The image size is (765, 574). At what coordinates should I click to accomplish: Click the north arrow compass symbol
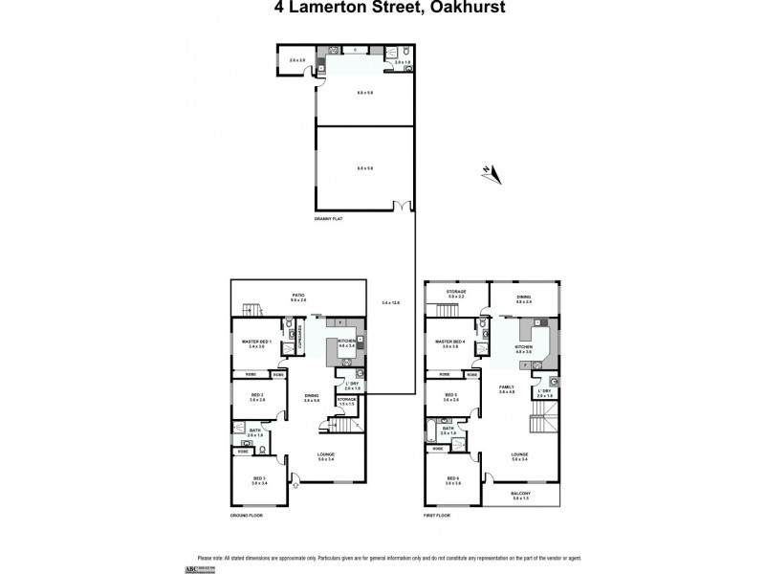click(x=492, y=172)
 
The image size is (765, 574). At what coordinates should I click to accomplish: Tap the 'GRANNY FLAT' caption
click(x=328, y=219)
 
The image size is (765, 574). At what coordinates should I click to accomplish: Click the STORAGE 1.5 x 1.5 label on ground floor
click(x=346, y=401)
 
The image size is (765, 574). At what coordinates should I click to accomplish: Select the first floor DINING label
click(x=524, y=298)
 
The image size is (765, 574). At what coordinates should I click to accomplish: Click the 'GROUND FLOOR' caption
click(x=246, y=516)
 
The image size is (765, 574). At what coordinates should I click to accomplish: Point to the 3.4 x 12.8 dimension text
click(x=390, y=302)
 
